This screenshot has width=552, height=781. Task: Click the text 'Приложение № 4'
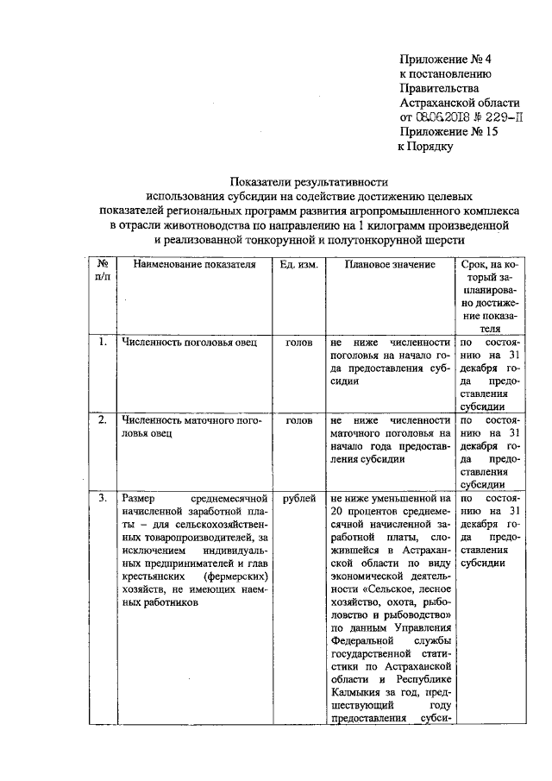pyautogui.click(x=444, y=59)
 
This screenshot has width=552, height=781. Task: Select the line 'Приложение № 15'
pyautogui.click(x=448, y=132)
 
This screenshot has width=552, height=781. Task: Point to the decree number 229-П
pyautogui.click(x=508, y=117)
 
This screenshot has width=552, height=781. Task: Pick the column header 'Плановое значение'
pyautogui.click(x=390, y=263)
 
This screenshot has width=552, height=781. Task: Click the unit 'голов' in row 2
pyautogui.click(x=298, y=420)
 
